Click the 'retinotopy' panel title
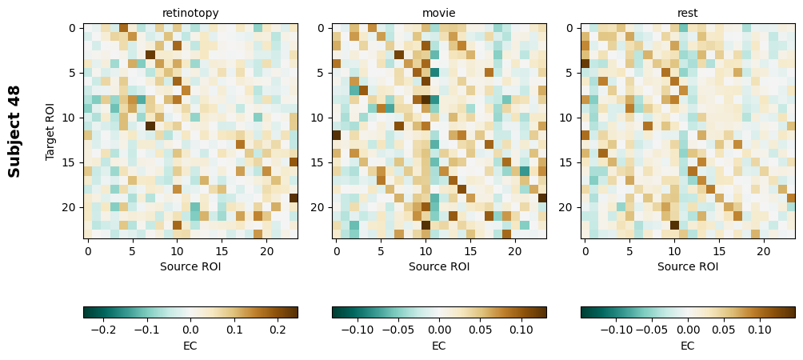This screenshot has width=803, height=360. point(190,13)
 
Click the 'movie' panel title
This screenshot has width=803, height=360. point(439,13)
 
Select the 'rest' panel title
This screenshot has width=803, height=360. point(688,13)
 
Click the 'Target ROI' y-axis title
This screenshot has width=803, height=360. point(51,130)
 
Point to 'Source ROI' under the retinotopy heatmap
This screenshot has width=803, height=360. point(190,266)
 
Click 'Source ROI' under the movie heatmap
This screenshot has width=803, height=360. point(439,266)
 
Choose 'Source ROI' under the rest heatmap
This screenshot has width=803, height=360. point(688,266)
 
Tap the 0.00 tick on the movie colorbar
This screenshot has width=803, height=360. point(439,329)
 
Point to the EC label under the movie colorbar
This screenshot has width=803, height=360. point(439,346)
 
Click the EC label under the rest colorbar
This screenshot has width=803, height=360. point(688,346)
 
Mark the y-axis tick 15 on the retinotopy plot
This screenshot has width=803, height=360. point(73,162)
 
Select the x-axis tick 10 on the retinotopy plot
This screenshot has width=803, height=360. point(177,251)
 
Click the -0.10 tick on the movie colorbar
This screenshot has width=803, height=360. point(357,329)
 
